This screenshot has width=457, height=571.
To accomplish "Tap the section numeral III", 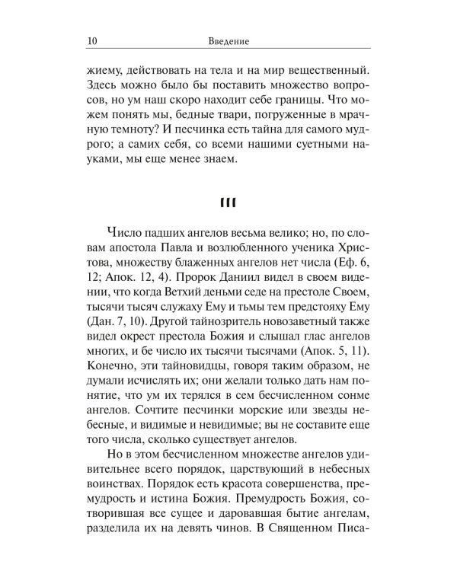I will (x=228, y=202).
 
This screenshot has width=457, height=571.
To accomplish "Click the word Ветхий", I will (x=171, y=299).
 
